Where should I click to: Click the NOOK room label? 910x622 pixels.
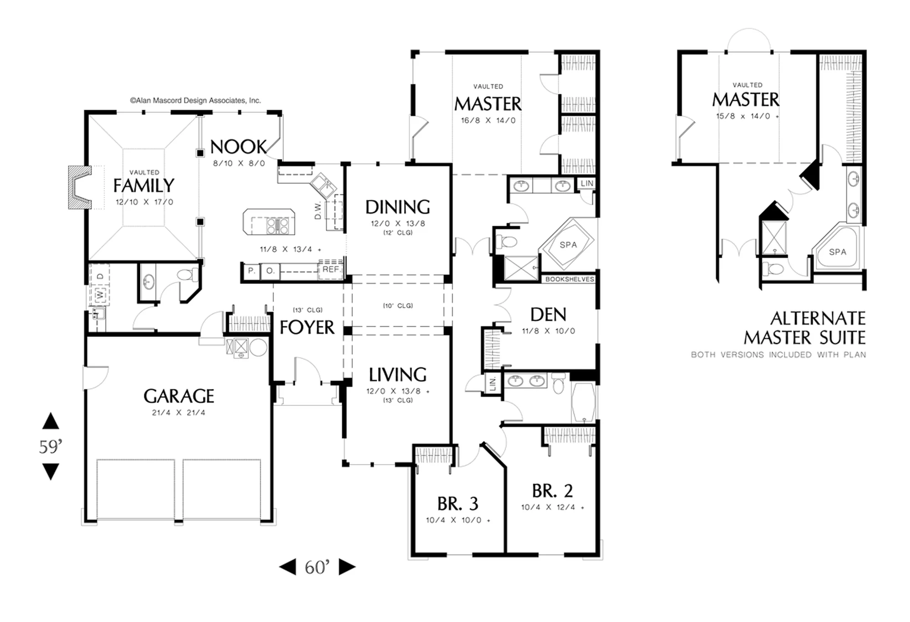click(238, 147)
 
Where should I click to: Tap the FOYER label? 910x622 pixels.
click(307, 328)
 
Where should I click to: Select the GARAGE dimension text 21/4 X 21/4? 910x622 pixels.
click(178, 413)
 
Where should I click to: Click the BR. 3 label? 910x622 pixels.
click(458, 504)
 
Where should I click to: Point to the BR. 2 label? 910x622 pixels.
click(552, 491)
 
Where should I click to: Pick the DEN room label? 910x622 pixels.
click(548, 315)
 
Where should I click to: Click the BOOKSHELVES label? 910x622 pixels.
click(570, 279)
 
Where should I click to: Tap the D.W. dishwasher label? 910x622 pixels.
click(318, 210)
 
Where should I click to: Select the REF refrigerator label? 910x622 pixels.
click(331, 269)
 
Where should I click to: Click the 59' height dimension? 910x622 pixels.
click(51, 447)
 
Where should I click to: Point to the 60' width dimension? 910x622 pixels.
click(317, 567)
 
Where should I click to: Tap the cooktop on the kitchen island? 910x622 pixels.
click(277, 226)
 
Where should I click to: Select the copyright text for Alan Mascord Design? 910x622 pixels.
click(196, 101)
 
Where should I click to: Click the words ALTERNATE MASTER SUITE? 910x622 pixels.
click(805, 328)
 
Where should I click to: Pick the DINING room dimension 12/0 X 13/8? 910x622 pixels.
click(398, 223)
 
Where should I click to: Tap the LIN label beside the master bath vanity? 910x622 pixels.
click(587, 183)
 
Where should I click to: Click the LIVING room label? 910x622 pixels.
click(398, 375)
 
